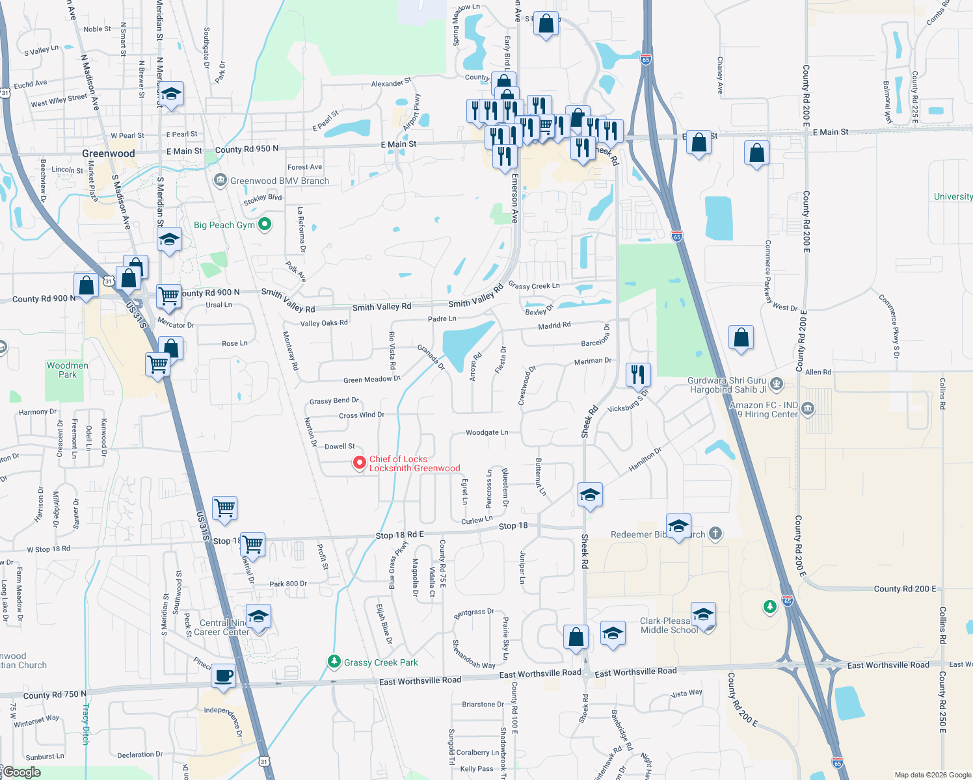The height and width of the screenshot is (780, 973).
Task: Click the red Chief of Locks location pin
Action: [359, 463]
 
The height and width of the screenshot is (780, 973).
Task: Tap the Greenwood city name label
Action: [109, 153]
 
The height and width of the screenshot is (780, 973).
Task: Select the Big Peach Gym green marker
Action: [265, 224]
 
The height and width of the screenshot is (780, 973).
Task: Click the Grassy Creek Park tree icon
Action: [334, 662]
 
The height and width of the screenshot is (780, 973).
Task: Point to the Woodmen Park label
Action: [68, 370]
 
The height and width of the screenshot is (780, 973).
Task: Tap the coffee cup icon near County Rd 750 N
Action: [223, 675]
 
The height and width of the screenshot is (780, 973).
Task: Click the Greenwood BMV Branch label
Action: [279, 181]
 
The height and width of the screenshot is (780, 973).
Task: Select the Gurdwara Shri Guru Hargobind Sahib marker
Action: [776, 383]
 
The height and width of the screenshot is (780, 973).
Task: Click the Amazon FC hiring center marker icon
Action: [808, 408]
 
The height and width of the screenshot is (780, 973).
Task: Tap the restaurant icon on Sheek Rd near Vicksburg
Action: [638, 374]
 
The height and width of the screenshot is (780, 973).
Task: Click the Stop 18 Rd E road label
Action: [399, 535]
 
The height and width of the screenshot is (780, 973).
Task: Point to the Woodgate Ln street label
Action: [486, 432]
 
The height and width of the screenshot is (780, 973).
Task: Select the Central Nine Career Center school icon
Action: [258, 616]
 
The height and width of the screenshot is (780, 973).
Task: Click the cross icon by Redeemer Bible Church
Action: [715, 534]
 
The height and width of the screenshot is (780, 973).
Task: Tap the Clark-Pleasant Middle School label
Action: [669, 625]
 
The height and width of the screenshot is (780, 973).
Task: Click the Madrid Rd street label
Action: [554, 325]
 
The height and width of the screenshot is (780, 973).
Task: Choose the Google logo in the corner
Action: [21, 772]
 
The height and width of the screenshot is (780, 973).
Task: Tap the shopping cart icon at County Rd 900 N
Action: [168, 295]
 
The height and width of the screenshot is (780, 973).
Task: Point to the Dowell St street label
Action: [340, 447]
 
